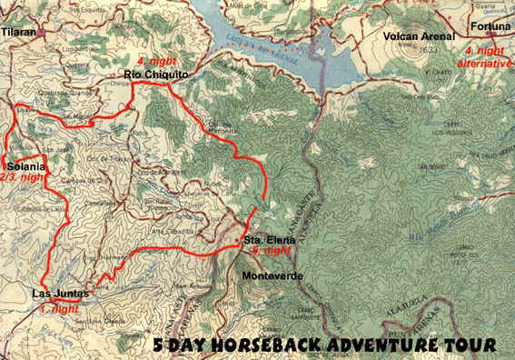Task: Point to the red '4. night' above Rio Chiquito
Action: click(x=154, y=63)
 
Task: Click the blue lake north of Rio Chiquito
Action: click(x=263, y=41)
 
